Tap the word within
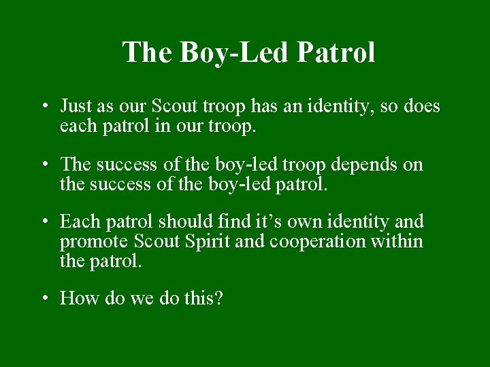click(x=399, y=241)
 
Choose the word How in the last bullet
click(x=75, y=298)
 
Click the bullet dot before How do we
click(x=43, y=298)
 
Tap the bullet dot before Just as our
click(x=43, y=107)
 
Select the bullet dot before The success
click(x=43, y=164)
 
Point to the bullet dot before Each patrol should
click(x=43, y=222)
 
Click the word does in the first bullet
click(x=423, y=107)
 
